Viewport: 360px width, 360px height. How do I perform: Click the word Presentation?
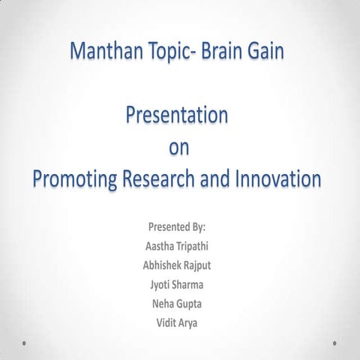(178, 115)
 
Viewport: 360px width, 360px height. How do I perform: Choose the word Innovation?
(279, 180)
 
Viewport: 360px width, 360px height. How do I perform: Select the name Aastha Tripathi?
(178, 245)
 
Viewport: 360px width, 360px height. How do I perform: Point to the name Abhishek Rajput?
(178, 265)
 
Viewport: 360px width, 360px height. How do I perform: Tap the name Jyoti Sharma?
(178, 284)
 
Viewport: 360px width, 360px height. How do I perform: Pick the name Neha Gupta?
(178, 304)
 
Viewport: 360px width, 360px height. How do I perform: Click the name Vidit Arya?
(178, 323)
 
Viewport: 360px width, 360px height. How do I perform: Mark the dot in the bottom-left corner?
(25, 343)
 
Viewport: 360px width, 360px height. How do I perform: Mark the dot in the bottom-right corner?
(334, 343)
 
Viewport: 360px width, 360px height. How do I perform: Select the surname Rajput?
(197, 265)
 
